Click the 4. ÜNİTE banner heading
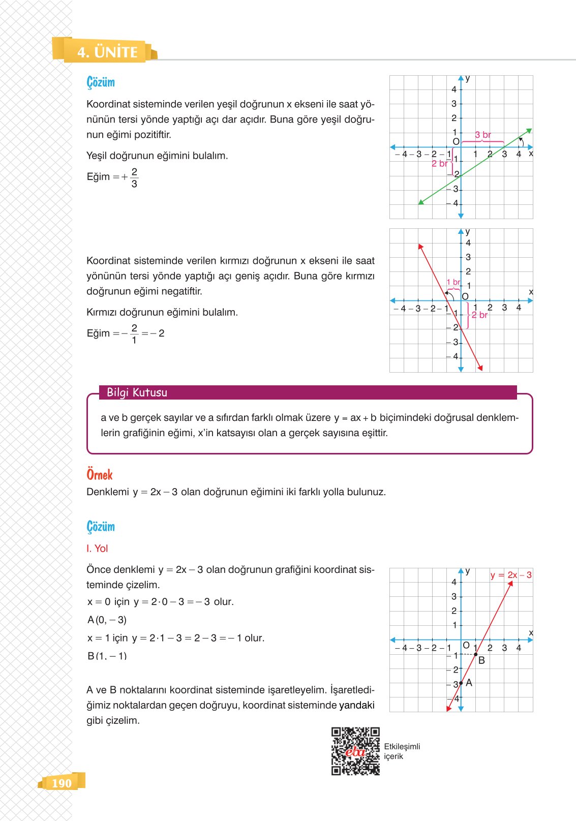[x=107, y=52]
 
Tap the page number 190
[x=62, y=783]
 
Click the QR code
[x=355, y=751]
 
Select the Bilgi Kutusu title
[x=137, y=392]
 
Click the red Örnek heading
[x=100, y=475]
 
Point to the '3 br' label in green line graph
[x=483, y=135]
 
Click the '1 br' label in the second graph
[x=453, y=282]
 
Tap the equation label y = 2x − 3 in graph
[x=511, y=575]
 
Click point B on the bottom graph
[x=476, y=654]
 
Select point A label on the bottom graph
[x=469, y=683]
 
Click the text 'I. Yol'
[x=97, y=549]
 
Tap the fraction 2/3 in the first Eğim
[x=134, y=177]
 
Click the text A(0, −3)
[x=107, y=620]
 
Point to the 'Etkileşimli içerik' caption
[x=402, y=751]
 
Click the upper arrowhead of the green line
[x=529, y=131]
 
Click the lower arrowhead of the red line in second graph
[x=480, y=368]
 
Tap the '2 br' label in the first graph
[x=439, y=164]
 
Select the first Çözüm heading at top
[x=101, y=82]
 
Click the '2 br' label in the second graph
[x=479, y=315]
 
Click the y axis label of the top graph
[x=468, y=78]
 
